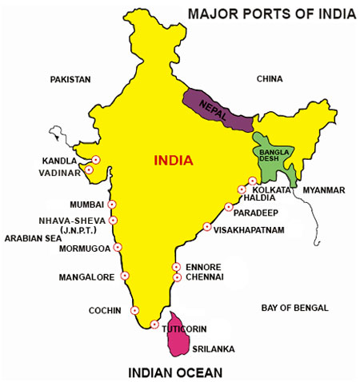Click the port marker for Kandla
click(x=95, y=159)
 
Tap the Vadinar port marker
click(x=89, y=169)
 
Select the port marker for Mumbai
click(x=112, y=205)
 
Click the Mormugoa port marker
click(x=118, y=248)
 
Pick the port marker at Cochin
click(x=134, y=310)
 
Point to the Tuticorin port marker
click(x=154, y=324)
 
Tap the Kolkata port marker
click(x=253, y=181)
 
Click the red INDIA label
click(x=173, y=160)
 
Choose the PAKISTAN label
click(x=70, y=80)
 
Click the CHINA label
click(x=270, y=79)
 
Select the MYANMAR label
click(x=324, y=190)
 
